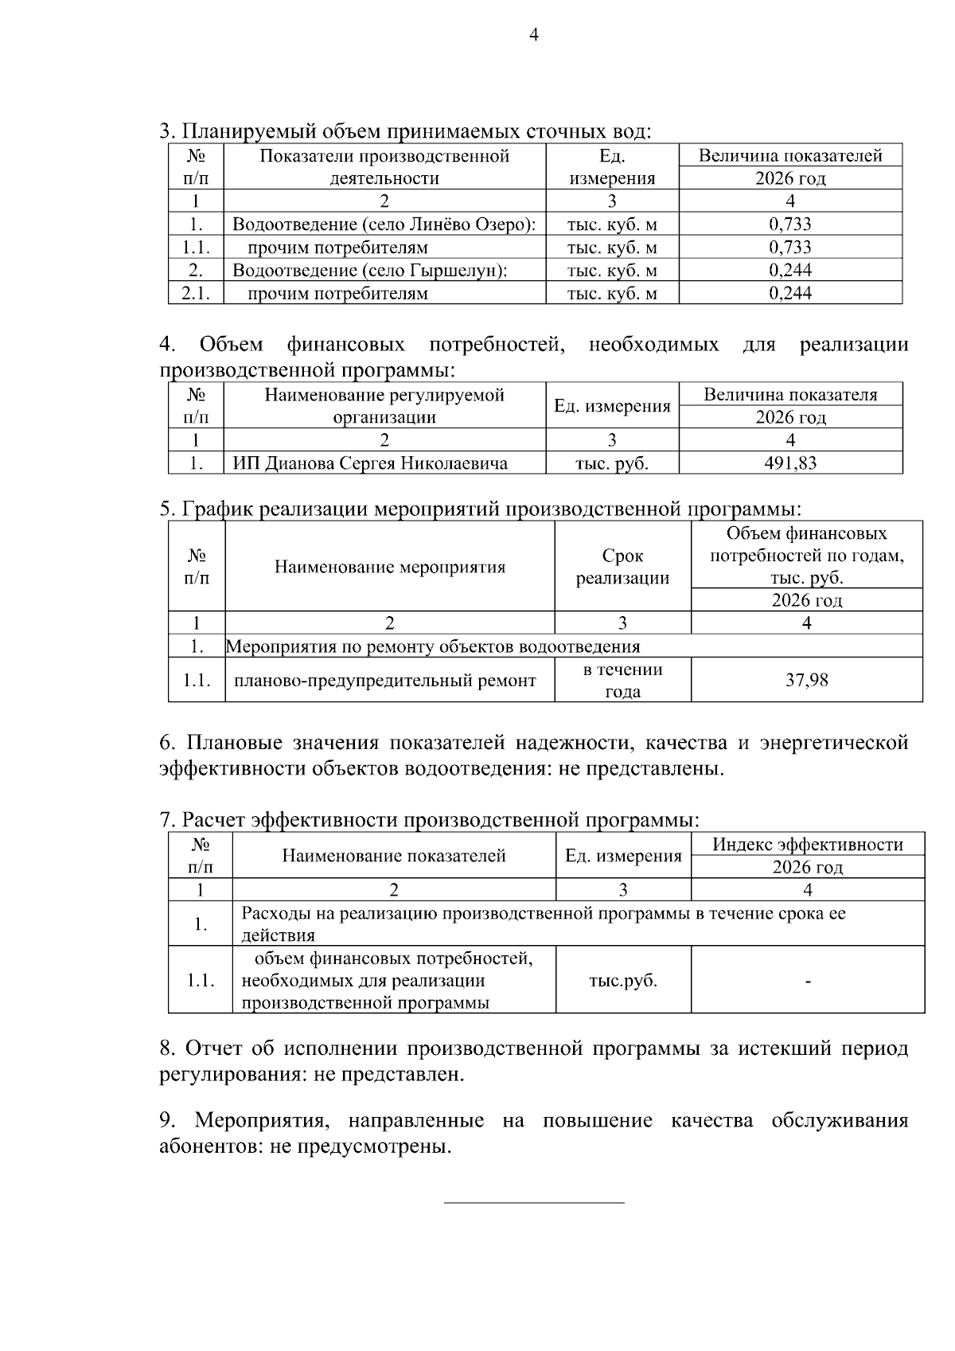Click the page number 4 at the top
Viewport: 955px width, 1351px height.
(534, 34)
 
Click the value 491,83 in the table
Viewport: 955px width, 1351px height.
(790, 463)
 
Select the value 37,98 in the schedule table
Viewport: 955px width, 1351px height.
(806, 679)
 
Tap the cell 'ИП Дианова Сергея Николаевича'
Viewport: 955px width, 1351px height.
(370, 463)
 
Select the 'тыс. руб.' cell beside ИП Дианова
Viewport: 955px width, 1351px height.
(611, 463)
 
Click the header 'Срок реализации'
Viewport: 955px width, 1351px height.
(622, 567)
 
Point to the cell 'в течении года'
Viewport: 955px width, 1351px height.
(622, 680)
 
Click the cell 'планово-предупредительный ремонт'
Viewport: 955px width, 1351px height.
(384, 680)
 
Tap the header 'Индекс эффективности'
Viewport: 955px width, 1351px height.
(807, 845)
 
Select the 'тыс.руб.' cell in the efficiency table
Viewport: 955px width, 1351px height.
(622, 980)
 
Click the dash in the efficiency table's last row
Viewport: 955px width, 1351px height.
(808, 982)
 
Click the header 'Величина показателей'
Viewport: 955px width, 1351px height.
(790, 155)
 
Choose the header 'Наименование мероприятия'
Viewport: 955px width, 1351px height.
(390, 567)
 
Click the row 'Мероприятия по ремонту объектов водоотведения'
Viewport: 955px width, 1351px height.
(433, 646)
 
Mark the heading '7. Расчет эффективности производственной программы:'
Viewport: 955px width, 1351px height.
(430, 819)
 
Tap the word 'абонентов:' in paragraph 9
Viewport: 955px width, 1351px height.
(201, 1146)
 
